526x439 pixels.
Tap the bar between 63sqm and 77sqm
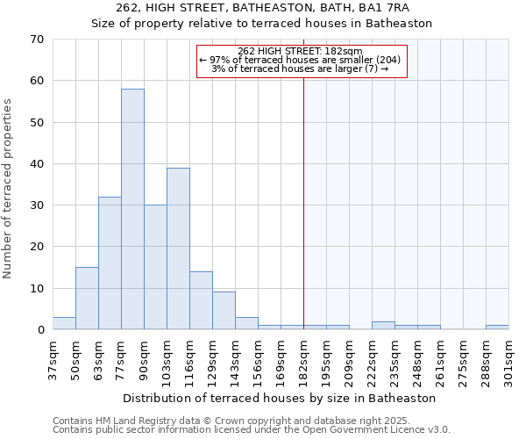point(110,263)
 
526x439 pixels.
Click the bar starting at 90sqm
point(155,268)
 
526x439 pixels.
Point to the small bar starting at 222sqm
point(383,326)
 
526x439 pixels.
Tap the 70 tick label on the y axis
point(36,40)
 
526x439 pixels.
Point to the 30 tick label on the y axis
point(36,205)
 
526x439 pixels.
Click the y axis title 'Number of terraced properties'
point(8,189)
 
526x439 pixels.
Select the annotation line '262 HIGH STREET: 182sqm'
point(301,51)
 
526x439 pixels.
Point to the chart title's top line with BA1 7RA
point(262,8)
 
